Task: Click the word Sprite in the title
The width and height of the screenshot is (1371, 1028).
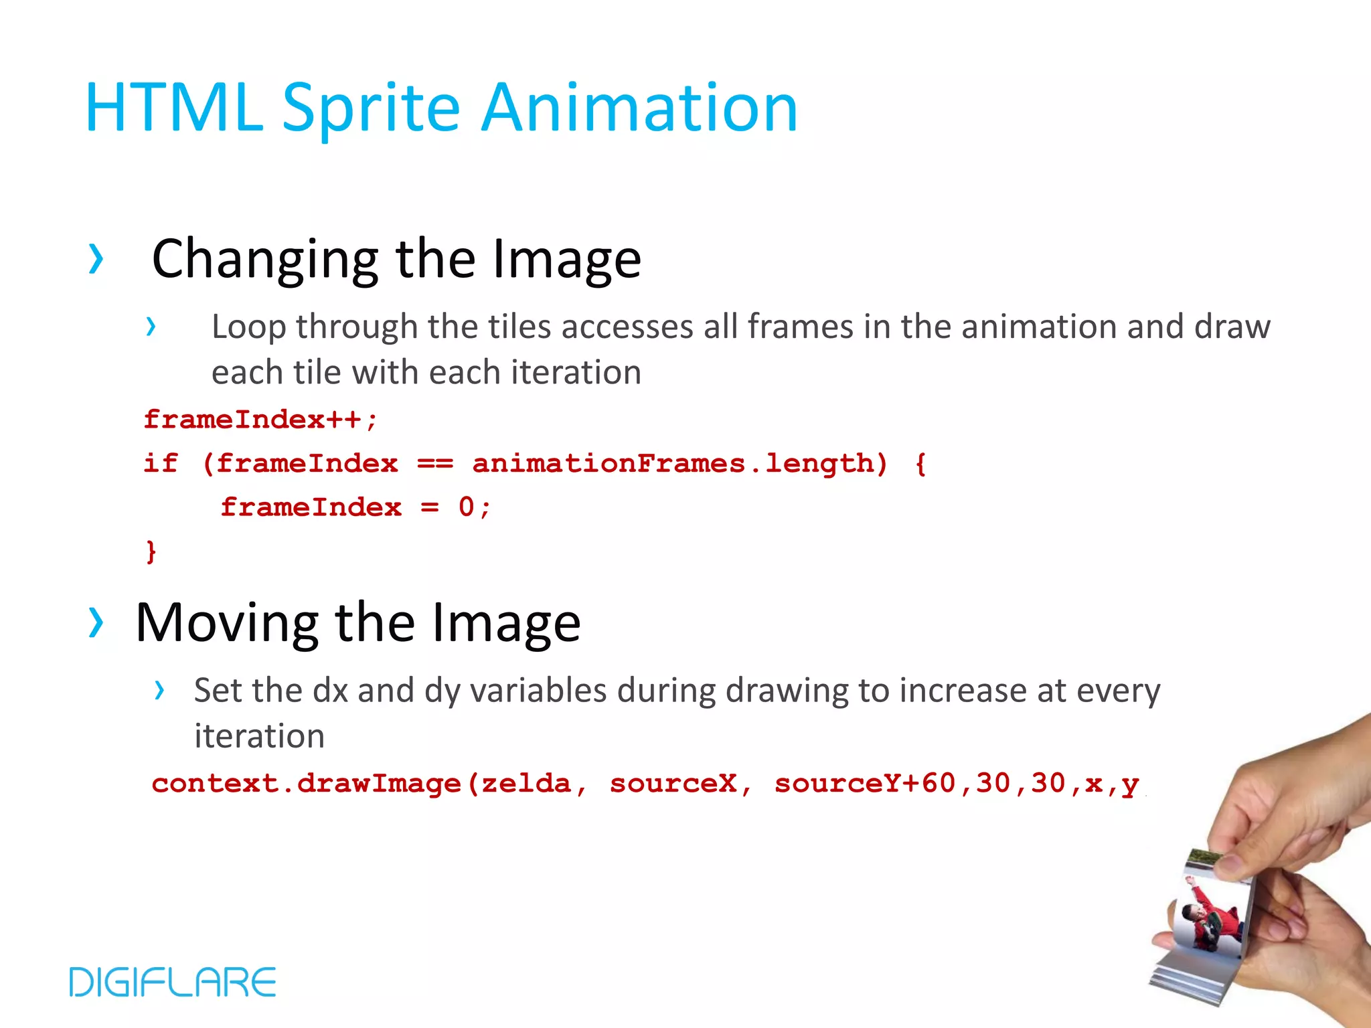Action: coord(371,108)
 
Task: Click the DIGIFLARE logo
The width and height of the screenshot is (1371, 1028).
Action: coord(173,982)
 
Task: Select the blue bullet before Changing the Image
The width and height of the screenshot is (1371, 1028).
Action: coord(96,260)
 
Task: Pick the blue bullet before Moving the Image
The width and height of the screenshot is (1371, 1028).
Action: coord(96,622)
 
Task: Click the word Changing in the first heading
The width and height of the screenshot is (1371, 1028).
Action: coord(265,260)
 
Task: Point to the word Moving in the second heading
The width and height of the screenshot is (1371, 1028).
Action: coord(226,623)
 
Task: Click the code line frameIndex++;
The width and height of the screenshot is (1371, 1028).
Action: coord(261,420)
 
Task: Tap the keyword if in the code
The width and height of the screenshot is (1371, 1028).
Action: coord(161,463)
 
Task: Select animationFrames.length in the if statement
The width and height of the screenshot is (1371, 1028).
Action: coord(680,463)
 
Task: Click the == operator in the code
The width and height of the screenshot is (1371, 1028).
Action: coord(435,463)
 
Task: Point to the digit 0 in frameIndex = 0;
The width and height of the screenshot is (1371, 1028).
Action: coord(466,507)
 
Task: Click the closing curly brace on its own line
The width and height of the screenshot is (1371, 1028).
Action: coord(151,551)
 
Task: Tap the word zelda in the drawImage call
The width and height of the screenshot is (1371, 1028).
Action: coord(526,784)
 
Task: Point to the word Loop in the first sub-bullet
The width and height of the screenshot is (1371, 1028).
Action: coord(249,327)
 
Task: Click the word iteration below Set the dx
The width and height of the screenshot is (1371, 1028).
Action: coord(260,736)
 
